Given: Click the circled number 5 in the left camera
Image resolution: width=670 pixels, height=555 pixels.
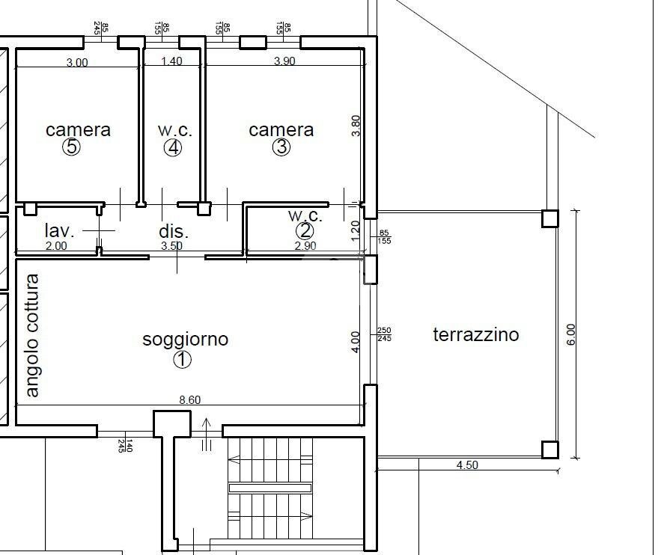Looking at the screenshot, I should coord(72,147).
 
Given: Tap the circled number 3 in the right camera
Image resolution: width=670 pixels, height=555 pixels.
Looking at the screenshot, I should coord(281,147).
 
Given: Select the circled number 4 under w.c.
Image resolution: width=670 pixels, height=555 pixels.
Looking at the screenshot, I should coord(173,147).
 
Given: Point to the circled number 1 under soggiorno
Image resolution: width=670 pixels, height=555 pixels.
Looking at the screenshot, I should coord(182,360).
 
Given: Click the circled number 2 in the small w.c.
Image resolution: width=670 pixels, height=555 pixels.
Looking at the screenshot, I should coord(304,231).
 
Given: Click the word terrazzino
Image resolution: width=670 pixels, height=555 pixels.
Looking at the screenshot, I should coord(475,334).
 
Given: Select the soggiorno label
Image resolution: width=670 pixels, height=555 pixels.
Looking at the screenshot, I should coord(185,340).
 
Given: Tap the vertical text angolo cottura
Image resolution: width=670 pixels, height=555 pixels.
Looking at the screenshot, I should coord(31,336).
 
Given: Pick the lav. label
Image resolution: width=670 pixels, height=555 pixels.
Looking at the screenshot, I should coord(59,230).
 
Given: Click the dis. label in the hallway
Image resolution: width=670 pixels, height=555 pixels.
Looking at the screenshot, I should coord(173,230).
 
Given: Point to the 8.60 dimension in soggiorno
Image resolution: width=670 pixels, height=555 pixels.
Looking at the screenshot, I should coord(189,400).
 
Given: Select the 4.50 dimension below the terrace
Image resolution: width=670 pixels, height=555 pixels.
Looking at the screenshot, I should coord(467,465).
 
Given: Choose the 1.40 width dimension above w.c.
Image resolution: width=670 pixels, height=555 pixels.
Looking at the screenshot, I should coord(171,62).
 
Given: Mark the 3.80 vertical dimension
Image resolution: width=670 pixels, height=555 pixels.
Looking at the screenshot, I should coord(356,125).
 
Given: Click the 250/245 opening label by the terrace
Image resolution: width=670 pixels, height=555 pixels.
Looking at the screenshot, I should coord(384,334).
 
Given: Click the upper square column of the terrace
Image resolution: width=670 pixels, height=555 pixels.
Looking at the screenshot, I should coord(550,218).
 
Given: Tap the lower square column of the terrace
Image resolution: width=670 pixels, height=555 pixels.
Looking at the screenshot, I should coord(550,450).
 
